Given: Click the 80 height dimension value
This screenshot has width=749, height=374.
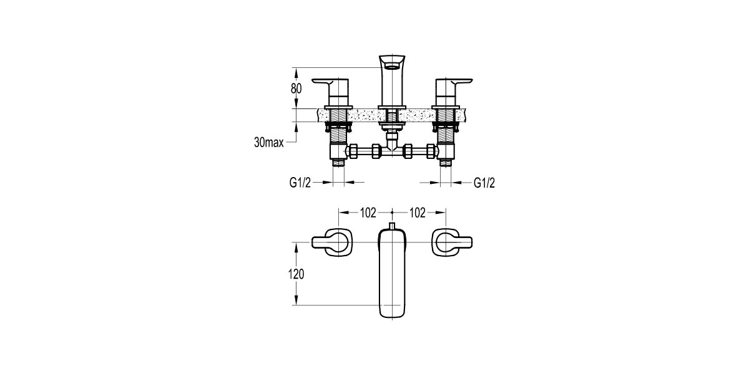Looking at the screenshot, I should coord(296,89).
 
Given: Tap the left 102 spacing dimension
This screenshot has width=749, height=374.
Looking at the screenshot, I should coord(368,213).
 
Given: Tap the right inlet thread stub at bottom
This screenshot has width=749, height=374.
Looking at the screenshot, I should coord(446,163).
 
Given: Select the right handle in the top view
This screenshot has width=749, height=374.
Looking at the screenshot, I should coord(452,242).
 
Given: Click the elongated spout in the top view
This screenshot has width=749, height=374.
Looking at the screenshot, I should coord(392,274).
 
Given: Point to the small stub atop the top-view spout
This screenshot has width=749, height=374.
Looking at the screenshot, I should coord(392,226).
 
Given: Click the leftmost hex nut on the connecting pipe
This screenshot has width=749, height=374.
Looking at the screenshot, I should coord(352,151).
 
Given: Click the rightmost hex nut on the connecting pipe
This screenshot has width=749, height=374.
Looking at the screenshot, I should coord(431,151).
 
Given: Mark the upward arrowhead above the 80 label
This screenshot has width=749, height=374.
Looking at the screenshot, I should coord(296,70).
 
